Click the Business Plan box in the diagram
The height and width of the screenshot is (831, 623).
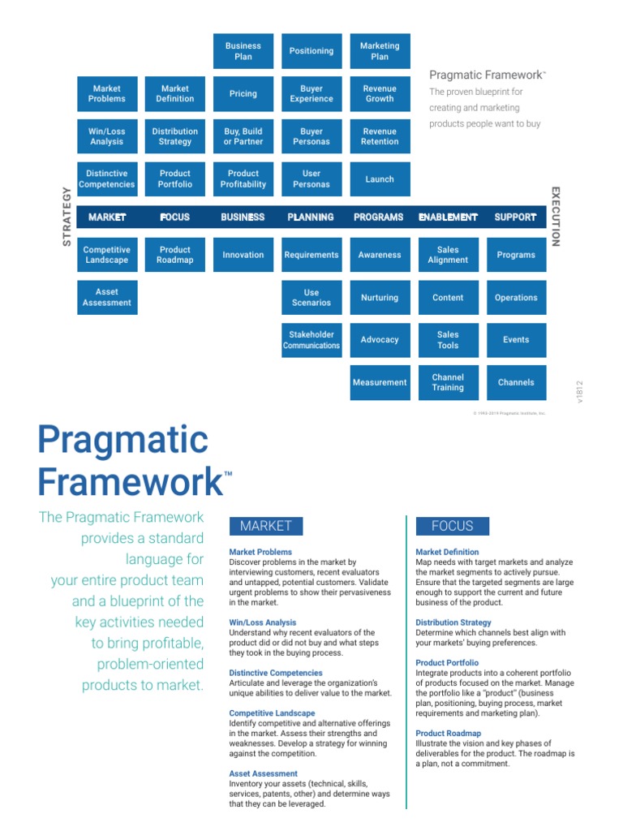[243, 51]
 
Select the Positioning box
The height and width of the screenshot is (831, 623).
[311, 51]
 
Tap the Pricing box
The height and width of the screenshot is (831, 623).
[243, 94]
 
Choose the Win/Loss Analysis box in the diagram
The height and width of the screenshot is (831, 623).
[106, 136]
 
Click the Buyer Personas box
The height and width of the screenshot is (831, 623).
[311, 136]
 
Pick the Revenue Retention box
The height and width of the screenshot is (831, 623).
[380, 136]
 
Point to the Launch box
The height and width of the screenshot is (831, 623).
[380, 179]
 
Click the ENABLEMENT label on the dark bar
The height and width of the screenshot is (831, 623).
[448, 217]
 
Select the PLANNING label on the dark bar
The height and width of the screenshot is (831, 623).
[311, 217]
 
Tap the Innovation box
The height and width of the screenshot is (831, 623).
[243, 255]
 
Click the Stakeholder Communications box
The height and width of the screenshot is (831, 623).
[311, 340]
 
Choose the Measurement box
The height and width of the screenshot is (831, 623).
[380, 382]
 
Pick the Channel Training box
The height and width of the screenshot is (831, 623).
[448, 382]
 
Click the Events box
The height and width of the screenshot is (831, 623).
[516, 340]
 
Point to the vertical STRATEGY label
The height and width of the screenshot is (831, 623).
[67, 216]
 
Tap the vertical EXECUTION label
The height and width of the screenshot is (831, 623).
[556, 216]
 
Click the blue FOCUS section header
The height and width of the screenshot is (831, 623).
[453, 526]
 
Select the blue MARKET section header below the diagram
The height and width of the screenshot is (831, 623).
[266, 526]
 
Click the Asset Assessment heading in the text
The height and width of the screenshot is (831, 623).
[264, 773]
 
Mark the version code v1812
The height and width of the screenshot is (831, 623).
[579, 392]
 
